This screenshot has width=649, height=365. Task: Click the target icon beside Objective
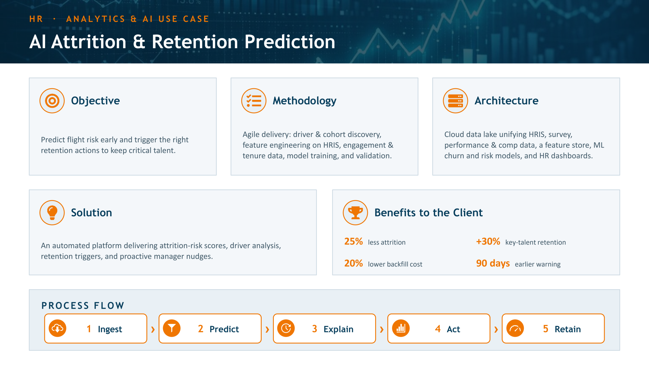(x=52, y=101)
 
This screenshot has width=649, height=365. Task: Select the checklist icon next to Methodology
(x=254, y=101)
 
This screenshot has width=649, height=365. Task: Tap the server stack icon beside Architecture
(x=456, y=101)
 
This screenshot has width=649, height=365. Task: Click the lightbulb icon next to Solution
(x=52, y=213)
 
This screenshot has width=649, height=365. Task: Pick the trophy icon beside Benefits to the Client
(x=355, y=213)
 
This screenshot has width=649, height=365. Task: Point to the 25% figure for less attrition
(x=353, y=242)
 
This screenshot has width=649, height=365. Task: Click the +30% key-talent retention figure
(x=488, y=242)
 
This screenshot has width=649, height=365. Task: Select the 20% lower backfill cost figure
(x=353, y=263)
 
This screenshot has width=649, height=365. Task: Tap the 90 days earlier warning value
(x=493, y=264)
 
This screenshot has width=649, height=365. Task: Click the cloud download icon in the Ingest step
(x=58, y=328)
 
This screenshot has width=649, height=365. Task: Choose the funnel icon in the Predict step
(x=172, y=328)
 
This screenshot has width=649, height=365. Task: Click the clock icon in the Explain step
(x=286, y=328)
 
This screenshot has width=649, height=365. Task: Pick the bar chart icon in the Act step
(x=401, y=328)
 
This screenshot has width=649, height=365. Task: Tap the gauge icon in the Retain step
(x=515, y=328)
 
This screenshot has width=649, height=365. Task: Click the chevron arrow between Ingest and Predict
(x=153, y=329)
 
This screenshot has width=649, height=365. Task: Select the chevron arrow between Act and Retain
(x=496, y=329)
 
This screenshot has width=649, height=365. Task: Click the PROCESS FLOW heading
(x=83, y=305)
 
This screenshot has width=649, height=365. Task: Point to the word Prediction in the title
(x=290, y=42)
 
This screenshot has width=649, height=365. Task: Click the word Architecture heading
(x=507, y=101)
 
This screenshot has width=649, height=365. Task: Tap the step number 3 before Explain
(x=315, y=329)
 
